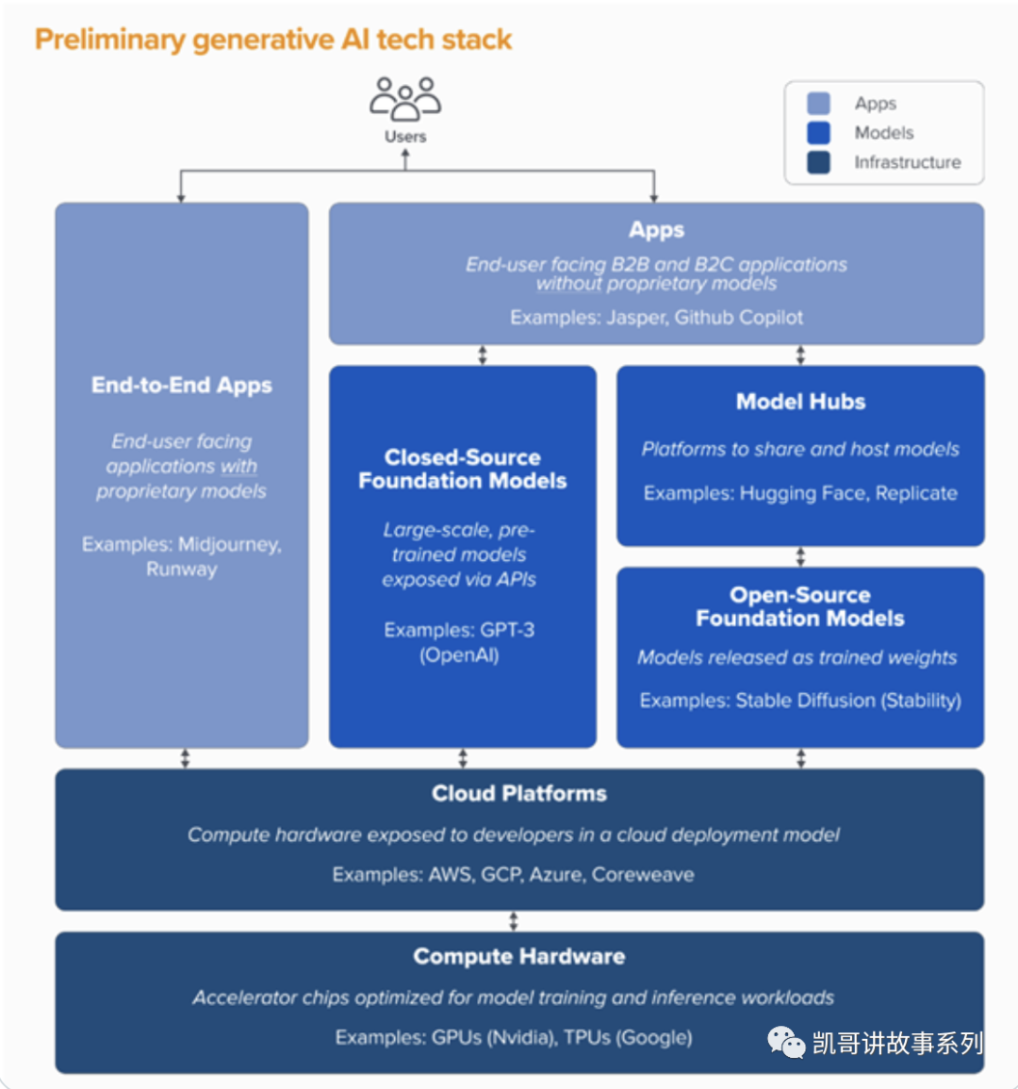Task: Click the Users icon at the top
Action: pyautogui.click(x=405, y=99)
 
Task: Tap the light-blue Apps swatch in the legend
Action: pyautogui.click(x=818, y=104)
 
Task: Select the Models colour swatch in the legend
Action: pyautogui.click(x=818, y=133)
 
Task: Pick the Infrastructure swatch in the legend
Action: pyautogui.click(x=818, y=162)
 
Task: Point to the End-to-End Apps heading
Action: pyautogui.click(x=182, y=386)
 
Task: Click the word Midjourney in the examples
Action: pyautogui.click(x=229, y=545)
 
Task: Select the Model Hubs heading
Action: pyautogui.click(x=800, y=402)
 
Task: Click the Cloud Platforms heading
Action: pyautogui.click(x=519, y=794)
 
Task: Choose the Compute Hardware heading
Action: pyautogui.click(x=519, y=957)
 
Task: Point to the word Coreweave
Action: pyautogui.click(x=643, y=875)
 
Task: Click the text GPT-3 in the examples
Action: pyautogui.click(x=507, y=630)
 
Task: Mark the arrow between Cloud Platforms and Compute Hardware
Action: pyautogui.click(x=514, y=921)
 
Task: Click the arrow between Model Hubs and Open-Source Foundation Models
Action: pyautogui.click(x=800, y=556)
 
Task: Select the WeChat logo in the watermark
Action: pyautogui.click(x=785, y=1042)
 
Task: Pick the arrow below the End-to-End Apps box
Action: pyautogui.click(x=185, y=758)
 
